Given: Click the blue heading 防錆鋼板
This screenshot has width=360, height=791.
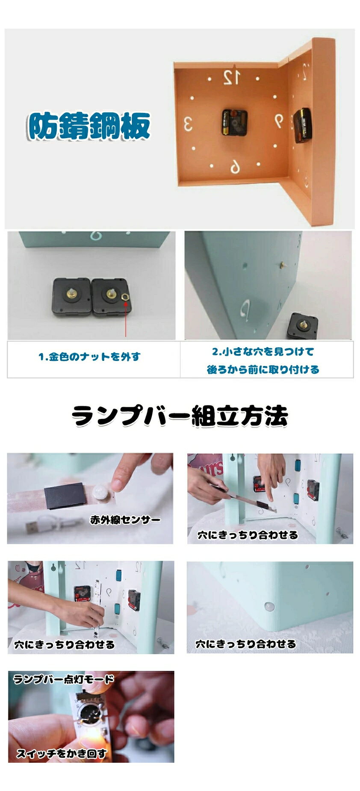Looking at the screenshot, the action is [89, 127].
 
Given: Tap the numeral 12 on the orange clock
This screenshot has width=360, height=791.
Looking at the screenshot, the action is [231, 77].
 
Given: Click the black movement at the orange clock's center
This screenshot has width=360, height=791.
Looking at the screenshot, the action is [234, 122].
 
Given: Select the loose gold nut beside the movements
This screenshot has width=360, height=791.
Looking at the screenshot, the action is [125, 295].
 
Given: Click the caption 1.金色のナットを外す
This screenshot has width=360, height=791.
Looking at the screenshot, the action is [89, 357].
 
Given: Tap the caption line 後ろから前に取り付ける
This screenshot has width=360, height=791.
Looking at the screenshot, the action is [263, 369].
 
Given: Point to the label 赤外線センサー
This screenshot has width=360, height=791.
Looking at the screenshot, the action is [125, 520].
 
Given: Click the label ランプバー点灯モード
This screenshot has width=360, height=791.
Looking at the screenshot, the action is [64, 679].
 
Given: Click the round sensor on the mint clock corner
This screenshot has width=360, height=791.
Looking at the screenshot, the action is [269, 606].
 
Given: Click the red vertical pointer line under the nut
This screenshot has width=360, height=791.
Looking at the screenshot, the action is [126, 318].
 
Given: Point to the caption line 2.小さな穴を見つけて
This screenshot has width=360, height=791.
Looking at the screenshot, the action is [263, 351].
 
